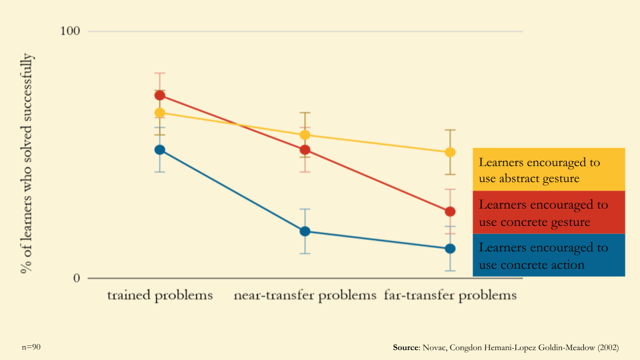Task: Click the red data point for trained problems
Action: coord(160,95)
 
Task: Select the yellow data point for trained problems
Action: coord(160,113)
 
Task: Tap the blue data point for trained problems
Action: coord(160,150)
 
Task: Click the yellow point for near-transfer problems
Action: coord(305,135)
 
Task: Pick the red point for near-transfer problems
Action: coord(305,150)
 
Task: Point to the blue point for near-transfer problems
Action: coord(305,231)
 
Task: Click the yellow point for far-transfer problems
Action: coord(450,152)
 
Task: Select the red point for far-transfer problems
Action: coord(450,212)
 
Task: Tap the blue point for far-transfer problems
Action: coord(450,249)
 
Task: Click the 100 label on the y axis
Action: coord(70,31)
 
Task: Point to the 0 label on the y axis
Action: coord(77,278)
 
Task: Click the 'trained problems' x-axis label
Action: coord(160,295)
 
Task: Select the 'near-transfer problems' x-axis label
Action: coord(305,295)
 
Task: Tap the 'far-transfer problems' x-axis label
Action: coord(451,295)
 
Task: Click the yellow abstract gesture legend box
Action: coord(549,170)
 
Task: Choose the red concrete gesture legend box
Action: coord(549,213)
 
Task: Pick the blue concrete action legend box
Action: coord(549,255)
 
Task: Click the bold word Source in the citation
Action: coord(405,348)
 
